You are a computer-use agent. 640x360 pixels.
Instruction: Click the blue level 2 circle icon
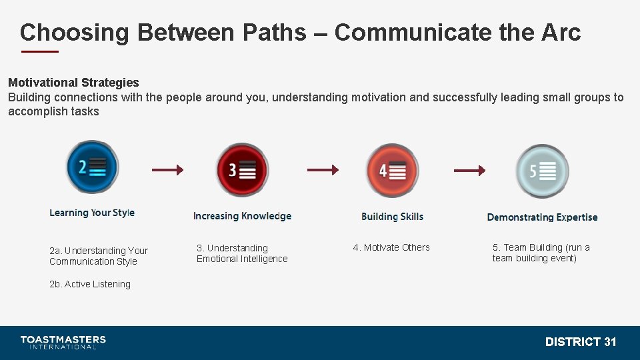click(x=92, y=167)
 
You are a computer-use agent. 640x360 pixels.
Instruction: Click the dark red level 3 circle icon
click(x=242, y=170)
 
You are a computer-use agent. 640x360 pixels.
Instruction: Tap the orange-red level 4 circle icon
click(x=392, y=171)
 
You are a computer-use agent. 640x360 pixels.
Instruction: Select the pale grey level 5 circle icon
click(x=542, y=171)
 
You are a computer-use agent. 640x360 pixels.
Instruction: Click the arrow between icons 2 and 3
click(x=167, y=170)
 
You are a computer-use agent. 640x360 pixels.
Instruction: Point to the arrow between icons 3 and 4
click(x=323, y=170)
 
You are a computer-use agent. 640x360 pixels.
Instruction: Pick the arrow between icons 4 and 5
click(x=469, y=171)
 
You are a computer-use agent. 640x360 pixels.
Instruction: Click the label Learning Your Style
click(x=92, y=213)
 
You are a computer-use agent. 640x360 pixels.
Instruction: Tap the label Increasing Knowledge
click(x=242, y=216)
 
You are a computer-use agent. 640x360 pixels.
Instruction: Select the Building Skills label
click(x=392, y=217)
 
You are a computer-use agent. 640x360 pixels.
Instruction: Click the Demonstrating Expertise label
click(x=542, y=217)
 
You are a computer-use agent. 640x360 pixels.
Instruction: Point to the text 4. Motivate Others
click(x=391, y=247)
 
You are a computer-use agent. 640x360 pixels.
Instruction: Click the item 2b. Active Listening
click(x=90, y=284)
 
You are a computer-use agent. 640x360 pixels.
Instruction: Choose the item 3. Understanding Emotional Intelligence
click(x=242, y=253)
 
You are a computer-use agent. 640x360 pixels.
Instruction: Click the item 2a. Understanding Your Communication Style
click(x=99, y=256)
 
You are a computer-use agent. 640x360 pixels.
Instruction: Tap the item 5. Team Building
click(x=541, y=253)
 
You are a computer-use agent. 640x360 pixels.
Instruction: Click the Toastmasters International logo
click(x=63, y=342)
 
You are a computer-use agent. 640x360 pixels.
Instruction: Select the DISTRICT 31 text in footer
click(x=581, y=342)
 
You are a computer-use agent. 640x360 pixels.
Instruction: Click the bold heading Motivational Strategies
click(x=73, y=83)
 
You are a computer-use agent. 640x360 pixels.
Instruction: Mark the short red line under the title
click(x=40, y=51)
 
